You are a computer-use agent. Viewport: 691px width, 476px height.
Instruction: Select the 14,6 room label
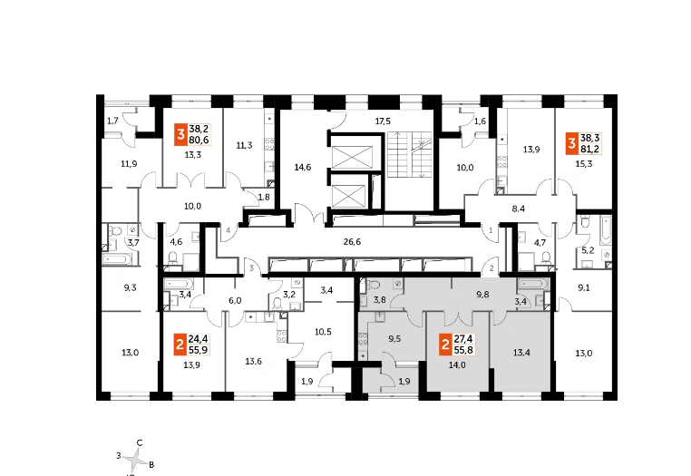303,168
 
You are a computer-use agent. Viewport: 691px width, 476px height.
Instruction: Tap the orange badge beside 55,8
444,345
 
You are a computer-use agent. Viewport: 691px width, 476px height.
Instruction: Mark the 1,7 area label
112,121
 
